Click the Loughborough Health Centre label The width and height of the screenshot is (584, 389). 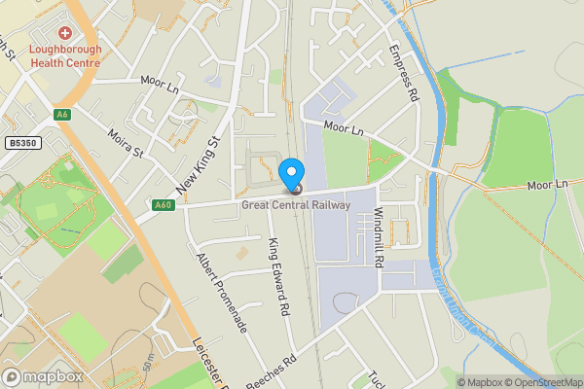tap(64, 55)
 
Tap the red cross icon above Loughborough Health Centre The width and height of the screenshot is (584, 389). tap(65, 33)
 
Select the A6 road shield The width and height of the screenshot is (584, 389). tap(63, 115)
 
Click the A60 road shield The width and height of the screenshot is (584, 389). tap(163, 204)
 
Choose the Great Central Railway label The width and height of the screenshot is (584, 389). tap(296, 204)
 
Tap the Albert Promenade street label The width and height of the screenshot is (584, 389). tap(222, 293)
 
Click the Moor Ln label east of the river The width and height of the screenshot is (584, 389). tap(547, 185)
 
